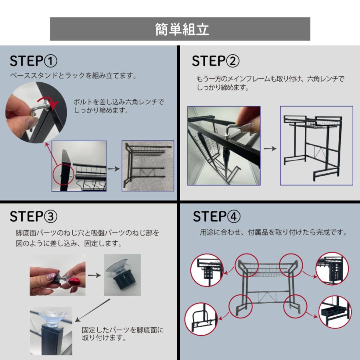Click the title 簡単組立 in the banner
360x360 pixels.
tap(180, 29)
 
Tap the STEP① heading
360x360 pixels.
tap(34, 62)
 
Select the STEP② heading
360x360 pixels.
tap(216, 61)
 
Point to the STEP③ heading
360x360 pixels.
tap(34, 216)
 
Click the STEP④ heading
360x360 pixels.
tap(217, 216)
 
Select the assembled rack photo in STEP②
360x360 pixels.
tap(316, 146)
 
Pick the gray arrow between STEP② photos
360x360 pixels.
tap(270, 148)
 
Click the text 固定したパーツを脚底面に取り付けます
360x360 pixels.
tap(123, 334)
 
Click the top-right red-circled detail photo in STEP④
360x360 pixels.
tap(332, 268)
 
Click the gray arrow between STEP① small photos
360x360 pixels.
tap(114, 169)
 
